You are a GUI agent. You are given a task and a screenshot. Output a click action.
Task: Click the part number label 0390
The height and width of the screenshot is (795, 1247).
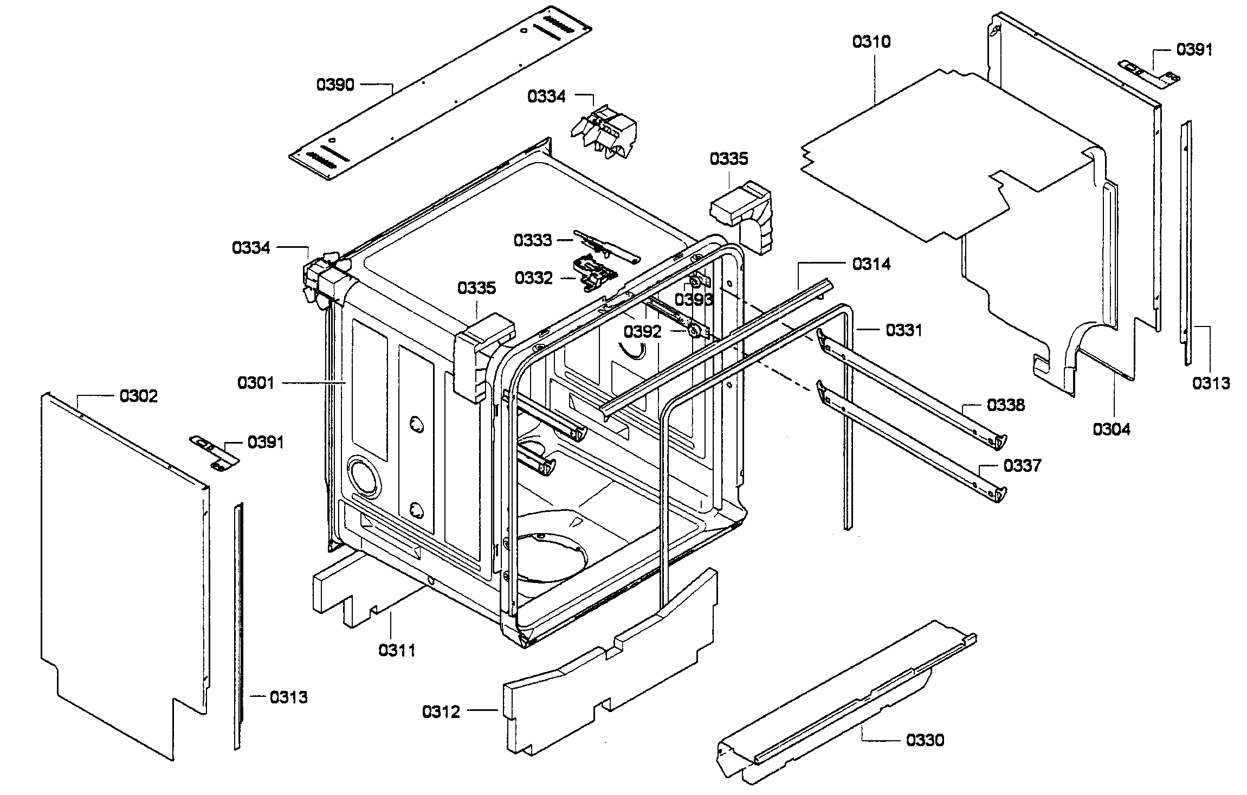(x=335, y=85)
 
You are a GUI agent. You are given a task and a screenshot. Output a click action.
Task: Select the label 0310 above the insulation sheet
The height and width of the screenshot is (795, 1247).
(x=871, y=42)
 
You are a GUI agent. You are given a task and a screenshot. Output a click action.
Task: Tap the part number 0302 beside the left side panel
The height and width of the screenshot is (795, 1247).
(x=139, y=396)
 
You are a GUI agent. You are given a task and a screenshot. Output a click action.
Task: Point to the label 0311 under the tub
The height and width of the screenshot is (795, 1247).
(x=397, y=650)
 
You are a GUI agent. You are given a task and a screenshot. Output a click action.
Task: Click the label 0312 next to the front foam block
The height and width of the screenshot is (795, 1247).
(x=441, y=711)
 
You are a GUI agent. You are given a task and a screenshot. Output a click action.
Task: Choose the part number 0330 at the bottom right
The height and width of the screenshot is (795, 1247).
(x=925, y=740)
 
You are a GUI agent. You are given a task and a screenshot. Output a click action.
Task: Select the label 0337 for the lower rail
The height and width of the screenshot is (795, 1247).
(x=1022, y=465)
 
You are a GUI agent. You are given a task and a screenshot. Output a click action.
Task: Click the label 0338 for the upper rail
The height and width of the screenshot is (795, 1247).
(x=1006, y=405)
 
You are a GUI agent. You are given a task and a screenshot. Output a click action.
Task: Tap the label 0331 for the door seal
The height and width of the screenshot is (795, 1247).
(x=903, y=330)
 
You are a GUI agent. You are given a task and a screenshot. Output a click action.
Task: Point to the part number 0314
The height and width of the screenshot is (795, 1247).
(x=871, y=264)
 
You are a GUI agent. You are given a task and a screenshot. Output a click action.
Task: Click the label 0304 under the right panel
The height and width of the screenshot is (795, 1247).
(x=1112, y=429)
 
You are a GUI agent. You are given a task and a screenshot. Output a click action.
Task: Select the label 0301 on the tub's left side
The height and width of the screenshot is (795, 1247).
(x=256, y=383)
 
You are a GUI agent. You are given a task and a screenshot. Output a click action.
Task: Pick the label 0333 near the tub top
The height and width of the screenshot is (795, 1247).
(x=533, y=240)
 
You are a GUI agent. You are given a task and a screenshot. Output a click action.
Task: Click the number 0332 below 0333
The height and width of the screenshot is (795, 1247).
(x=534, y=278)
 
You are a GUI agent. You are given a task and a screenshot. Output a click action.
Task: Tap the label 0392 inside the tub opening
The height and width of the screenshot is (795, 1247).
(x=642, y=331)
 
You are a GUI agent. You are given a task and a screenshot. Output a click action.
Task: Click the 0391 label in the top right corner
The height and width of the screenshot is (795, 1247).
(x=1194, y=49)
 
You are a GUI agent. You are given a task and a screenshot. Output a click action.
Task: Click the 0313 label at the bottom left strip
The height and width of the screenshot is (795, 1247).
(x=288, y=697)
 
